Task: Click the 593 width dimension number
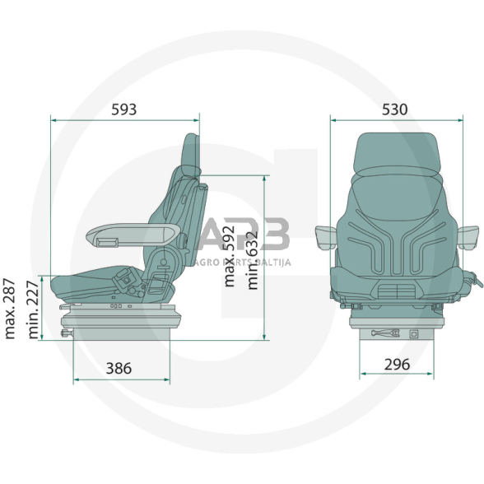point(119,109)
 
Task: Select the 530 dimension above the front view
point(396,109)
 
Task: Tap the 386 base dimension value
point(119,369)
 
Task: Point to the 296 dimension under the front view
point(396,364)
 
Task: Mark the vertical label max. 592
point(231,235)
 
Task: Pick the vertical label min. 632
point(252,235)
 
